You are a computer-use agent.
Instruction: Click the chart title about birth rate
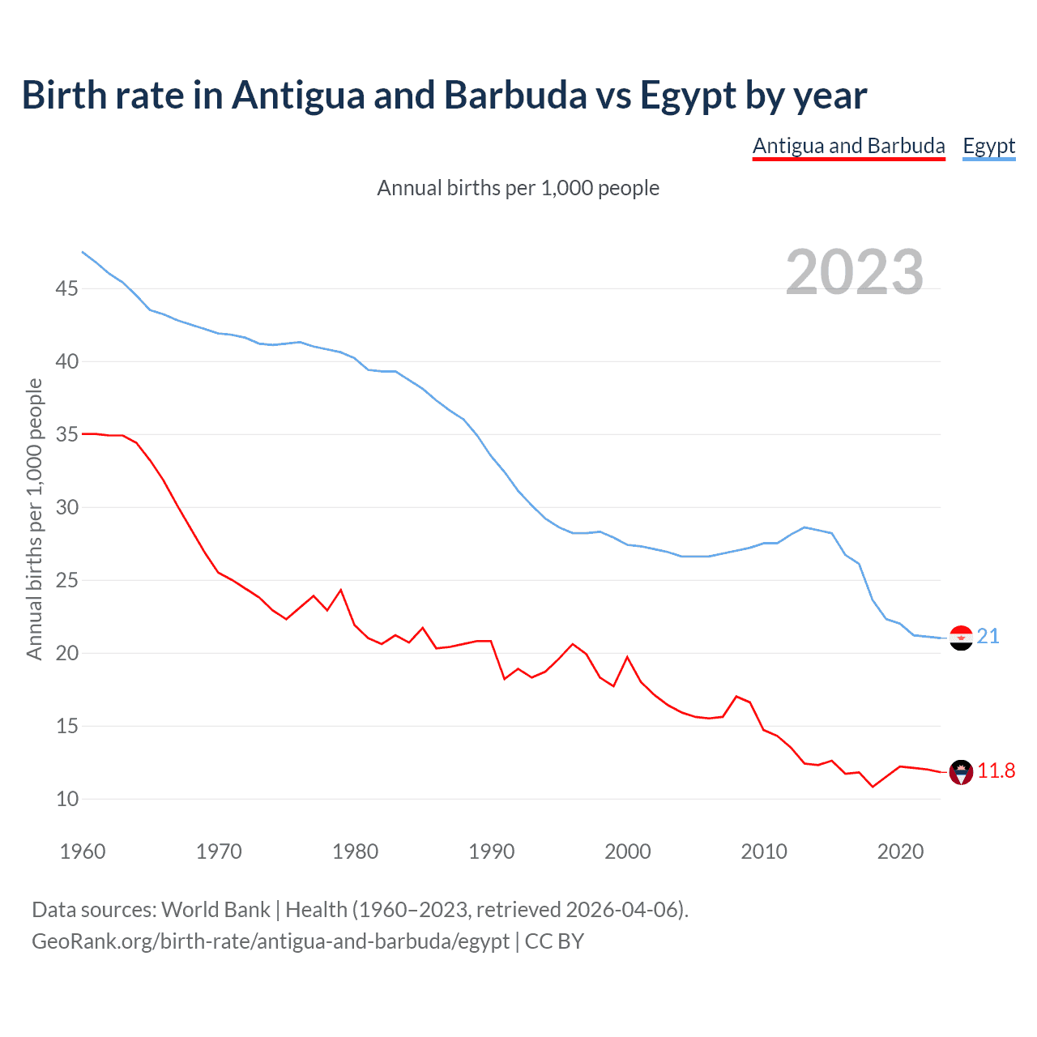click(x=444, y=96)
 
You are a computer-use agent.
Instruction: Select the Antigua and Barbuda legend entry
click(x=848, y=146)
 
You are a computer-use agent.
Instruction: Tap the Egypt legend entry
click(x=988, y=146)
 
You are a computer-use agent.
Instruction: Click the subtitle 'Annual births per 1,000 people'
click(x=518, y=188)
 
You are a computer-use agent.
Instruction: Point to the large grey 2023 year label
click(x=855, y=272)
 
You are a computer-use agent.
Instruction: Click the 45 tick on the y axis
click(x=67, y=288)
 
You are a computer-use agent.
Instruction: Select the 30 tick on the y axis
click(x=67, y=507)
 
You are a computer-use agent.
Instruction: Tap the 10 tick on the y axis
click(x=67, y=799)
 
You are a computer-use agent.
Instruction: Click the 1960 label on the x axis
click(x=83, y=851)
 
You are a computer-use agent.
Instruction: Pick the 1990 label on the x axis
click(x=492, y=851)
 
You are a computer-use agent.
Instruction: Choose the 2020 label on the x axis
click(x=900, y=851)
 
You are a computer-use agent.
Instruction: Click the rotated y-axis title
click(x=34, y=519)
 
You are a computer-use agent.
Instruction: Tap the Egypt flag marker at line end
click(x=961, y=638)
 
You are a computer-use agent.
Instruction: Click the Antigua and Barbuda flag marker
click(x=961, y=772)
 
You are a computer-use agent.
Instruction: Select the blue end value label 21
click(x=988, y=637)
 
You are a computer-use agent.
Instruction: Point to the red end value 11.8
click(x=996, y=770)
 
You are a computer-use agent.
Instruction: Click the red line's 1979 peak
click(x=341, y=590)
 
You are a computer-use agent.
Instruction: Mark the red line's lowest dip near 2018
click(x=873, y=787)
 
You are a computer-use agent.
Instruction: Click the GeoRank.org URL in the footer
click(x=271, y=941)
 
